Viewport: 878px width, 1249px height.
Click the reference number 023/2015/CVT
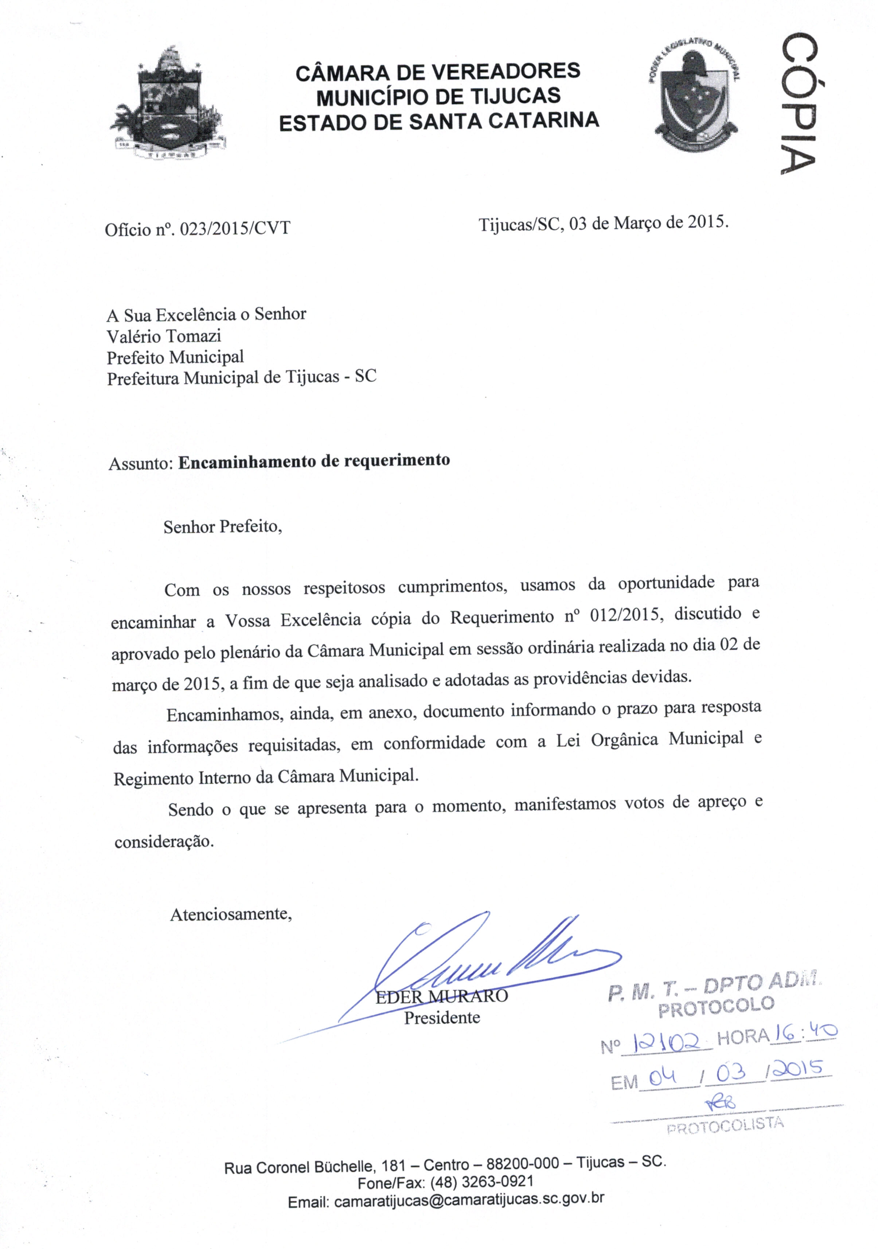click(234, 229)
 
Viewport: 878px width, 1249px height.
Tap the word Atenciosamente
click(231, 914)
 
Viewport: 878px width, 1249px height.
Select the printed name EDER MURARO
click(442, 996)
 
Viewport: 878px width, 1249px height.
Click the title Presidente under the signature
click(442, 1017)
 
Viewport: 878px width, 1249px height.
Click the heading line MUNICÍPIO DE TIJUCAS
click(438, 96)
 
